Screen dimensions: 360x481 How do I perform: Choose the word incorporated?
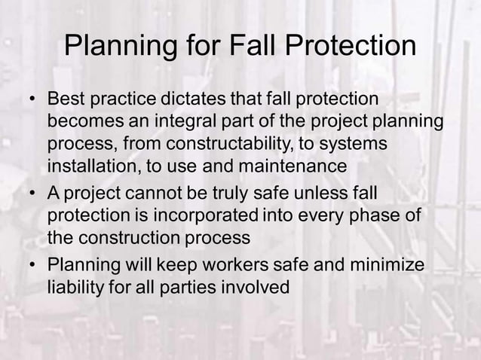coord(210,215)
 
